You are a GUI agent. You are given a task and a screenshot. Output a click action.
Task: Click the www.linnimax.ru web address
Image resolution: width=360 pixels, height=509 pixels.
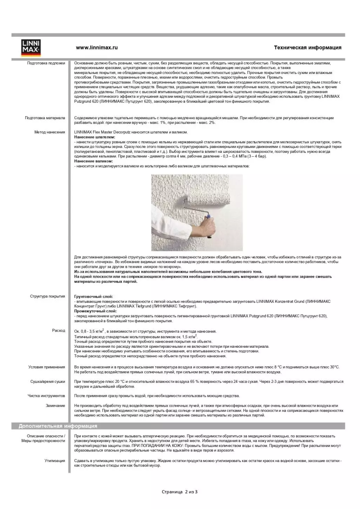tap(97, 48)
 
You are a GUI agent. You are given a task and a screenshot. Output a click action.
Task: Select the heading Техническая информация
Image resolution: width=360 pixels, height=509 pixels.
tap(307, 48)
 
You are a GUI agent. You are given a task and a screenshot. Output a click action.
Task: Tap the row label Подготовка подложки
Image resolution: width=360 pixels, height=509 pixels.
tap(46, 63)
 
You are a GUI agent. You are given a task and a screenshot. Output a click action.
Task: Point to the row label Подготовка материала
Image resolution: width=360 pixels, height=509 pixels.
tap(45, 118)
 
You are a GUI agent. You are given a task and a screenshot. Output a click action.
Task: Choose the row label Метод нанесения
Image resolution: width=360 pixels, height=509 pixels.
tap(49, 132)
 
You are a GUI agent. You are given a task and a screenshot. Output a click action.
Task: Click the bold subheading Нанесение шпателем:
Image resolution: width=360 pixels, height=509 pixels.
tap(94, 137)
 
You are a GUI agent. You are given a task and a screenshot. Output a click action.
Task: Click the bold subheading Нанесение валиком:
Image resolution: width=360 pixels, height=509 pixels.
tap(93, 161)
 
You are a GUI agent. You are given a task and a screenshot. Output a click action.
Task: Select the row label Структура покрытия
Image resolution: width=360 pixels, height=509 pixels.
tap(47, 296)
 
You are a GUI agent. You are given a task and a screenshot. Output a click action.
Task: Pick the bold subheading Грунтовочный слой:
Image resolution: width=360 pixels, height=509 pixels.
tap(93, 297)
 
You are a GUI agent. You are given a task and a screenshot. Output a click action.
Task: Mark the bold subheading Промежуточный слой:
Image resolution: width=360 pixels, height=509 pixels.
tap(95, 311)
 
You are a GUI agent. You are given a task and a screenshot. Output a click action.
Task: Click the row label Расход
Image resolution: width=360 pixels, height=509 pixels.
tap(59, 331)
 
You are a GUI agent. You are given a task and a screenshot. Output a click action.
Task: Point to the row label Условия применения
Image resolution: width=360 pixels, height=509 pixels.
tap(47, 367)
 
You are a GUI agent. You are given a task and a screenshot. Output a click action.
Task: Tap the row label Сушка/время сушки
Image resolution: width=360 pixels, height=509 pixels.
tap(47, 381)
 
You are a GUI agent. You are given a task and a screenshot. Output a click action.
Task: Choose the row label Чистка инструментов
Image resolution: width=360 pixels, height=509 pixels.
tap(46, 396)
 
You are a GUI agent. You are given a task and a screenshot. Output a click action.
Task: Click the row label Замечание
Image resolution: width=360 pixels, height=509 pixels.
tap(55, 406)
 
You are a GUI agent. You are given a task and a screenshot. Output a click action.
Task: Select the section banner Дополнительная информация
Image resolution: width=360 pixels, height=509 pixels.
tap(58, 426)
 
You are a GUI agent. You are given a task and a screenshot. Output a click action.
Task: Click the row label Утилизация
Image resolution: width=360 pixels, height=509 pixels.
tap(55, 461)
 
